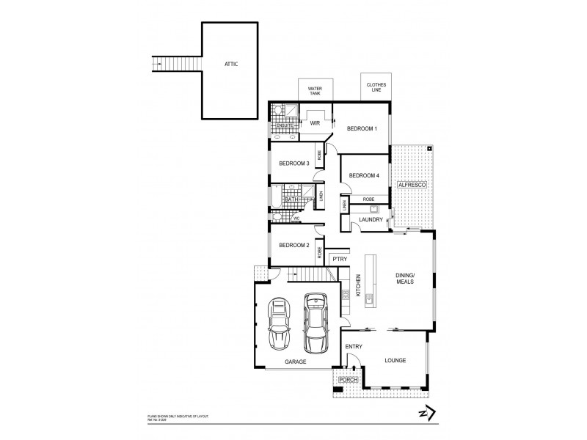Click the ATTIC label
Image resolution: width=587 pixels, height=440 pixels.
230,65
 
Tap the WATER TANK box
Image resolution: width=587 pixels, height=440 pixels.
315,90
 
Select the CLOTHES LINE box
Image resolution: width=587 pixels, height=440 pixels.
376,88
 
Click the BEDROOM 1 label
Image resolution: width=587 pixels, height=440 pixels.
362,129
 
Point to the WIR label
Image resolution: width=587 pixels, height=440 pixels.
316,124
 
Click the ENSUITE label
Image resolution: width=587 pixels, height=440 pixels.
284,126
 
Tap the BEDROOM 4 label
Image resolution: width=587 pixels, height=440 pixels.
363,175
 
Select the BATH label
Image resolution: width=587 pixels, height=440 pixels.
291,199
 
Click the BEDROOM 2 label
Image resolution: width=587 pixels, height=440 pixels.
291,245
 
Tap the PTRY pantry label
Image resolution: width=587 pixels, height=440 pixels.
339,259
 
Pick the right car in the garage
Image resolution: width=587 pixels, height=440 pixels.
316,322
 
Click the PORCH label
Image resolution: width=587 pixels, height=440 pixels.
347,380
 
